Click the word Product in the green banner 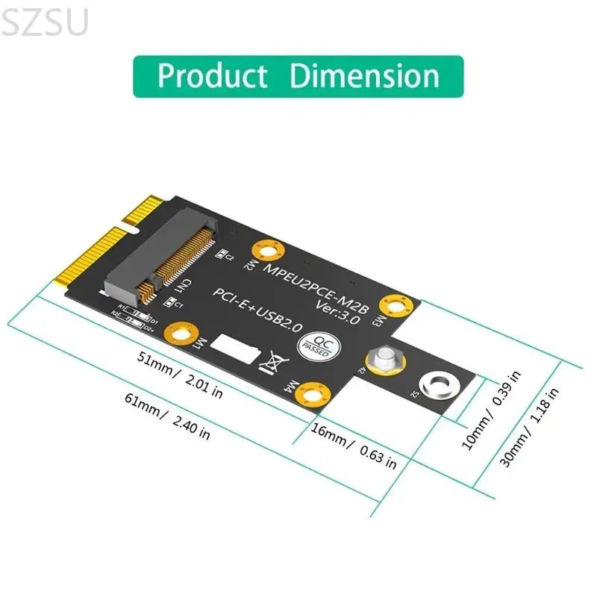click(212, 76)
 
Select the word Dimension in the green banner click(365, 76)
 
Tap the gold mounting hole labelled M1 click(182, 331)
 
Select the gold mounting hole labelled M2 click(267, 249)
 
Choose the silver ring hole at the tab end click(435, 385)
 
